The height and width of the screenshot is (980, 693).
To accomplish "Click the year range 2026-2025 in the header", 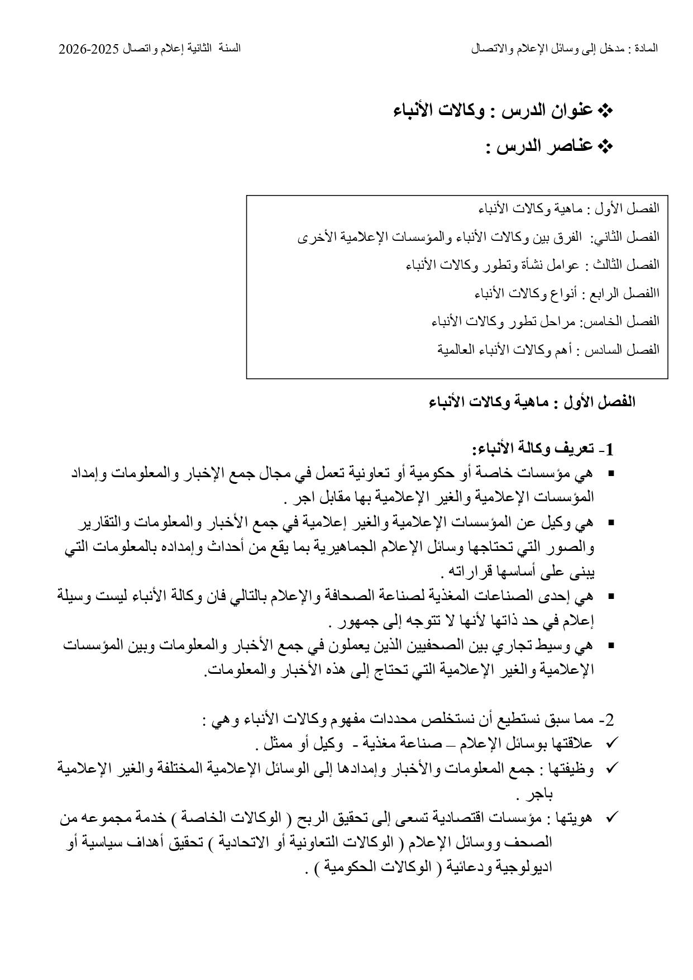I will (89, 49).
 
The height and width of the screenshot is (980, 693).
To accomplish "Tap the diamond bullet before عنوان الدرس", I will (605, 111).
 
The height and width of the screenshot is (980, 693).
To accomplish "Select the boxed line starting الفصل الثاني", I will (478, 237).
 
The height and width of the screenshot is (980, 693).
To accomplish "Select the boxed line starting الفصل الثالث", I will (532, 265).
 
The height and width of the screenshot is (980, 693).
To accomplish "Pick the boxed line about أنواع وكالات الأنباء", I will (566, 293).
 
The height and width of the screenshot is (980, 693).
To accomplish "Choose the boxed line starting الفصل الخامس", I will (545, 321).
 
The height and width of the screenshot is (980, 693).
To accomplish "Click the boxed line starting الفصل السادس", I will (548, 350).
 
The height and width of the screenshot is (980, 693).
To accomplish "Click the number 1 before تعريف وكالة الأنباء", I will (609, 450).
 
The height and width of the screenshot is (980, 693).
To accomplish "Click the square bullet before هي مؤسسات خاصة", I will (610, 474).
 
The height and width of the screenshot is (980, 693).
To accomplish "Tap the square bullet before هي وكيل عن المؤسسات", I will (610, 524).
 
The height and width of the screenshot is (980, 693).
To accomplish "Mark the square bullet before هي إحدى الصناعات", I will (610, 597).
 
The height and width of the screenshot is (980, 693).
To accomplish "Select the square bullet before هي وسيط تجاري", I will (610, 646).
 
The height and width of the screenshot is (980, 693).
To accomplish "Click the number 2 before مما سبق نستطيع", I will (609, 719).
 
